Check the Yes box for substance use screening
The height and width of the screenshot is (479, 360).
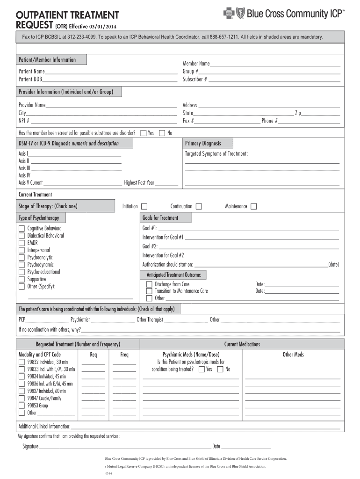pos(144,133)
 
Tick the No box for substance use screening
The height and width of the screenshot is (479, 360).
pos(162,133)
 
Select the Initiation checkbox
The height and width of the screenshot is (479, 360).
pos(144,206)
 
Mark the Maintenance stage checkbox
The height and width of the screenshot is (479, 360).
pos(253,206)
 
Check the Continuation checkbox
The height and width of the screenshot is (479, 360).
pos(199,206)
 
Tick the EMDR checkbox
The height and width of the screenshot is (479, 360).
pos(22,243)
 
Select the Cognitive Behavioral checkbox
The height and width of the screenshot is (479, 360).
pos(22,228)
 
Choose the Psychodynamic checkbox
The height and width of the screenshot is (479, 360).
pos(22,265)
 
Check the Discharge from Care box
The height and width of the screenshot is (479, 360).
pos(149,284)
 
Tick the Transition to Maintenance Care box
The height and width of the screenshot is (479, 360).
pos(149,291)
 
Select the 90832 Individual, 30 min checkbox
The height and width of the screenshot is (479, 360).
pos(22,362)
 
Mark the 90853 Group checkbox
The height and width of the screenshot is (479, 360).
pos(22,406)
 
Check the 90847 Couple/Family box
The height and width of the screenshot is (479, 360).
pos(22,398)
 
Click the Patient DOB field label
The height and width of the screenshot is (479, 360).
pos(30,79)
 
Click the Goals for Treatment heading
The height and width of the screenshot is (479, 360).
pos(160,218)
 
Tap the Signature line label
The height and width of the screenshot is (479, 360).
pos(30,446)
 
